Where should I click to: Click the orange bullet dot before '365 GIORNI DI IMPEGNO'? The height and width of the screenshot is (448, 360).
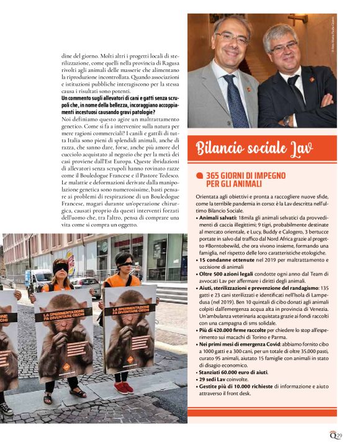click(199, 177)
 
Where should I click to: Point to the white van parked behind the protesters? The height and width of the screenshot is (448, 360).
click(39, 279)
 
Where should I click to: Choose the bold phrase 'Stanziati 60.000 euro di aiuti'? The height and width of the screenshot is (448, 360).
click(233, 371)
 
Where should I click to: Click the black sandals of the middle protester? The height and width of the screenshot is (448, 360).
click(62, 395)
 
